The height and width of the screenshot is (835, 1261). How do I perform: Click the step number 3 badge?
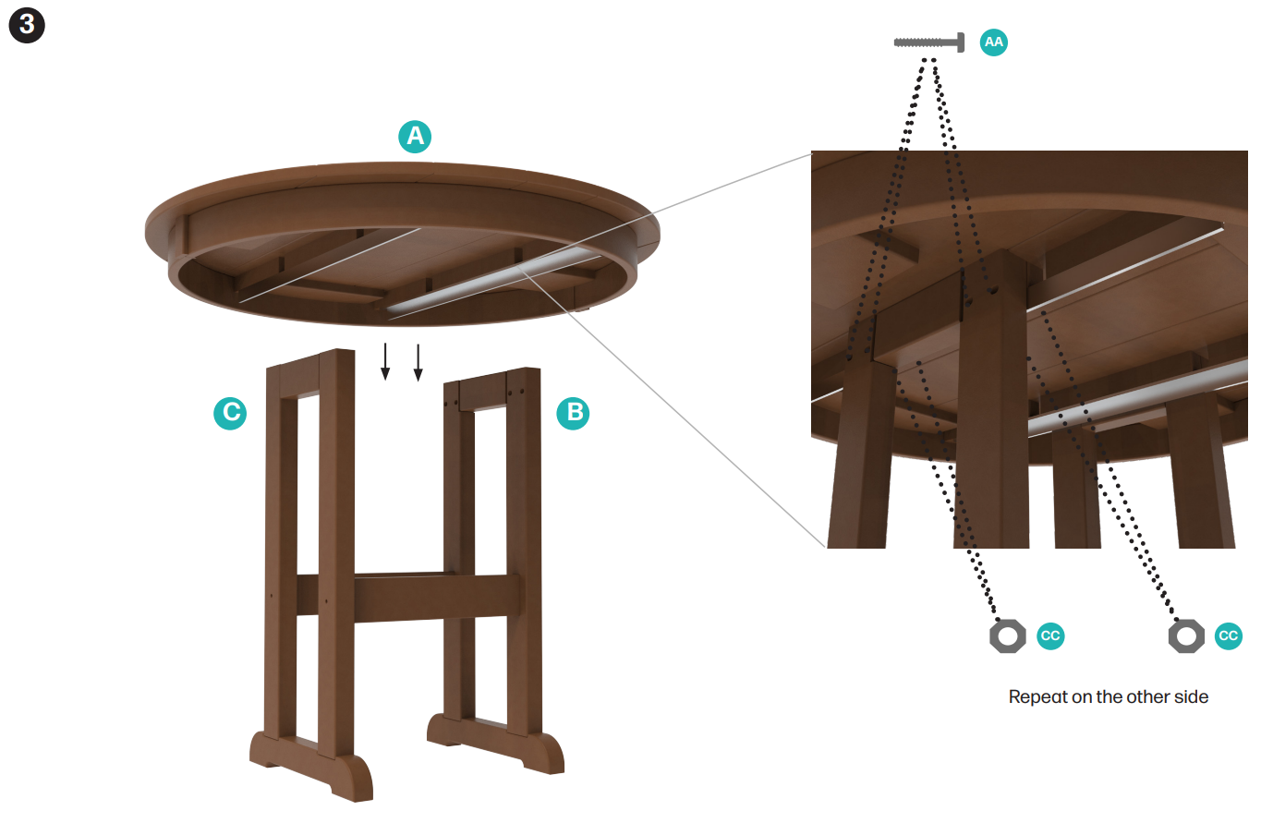[x=27, y=25]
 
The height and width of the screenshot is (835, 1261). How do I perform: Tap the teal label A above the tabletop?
[x=415, y=137]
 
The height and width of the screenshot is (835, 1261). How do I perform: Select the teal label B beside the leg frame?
[x=573, y=413]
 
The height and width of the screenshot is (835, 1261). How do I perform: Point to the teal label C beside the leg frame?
[x=230, y=413]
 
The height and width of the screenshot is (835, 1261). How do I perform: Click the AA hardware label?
[x=994, y=42]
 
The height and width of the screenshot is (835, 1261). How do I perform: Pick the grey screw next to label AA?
[x=928, y=42]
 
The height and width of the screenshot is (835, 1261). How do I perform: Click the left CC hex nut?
[x=1008, y=636]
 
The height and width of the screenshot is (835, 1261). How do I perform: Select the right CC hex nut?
[x=1186, y=636]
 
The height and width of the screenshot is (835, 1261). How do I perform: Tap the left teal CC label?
[x=1050, y=636]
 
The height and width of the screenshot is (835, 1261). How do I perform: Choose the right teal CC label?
[x=1229, y=636]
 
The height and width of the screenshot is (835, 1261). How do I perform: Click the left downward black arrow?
[x=385, y=361]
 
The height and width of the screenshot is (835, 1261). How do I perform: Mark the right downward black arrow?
[x=418, y=363]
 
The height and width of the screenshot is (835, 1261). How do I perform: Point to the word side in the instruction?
[x=1192, y=696]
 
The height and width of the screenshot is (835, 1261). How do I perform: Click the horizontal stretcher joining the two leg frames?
[x=408, y=598]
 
